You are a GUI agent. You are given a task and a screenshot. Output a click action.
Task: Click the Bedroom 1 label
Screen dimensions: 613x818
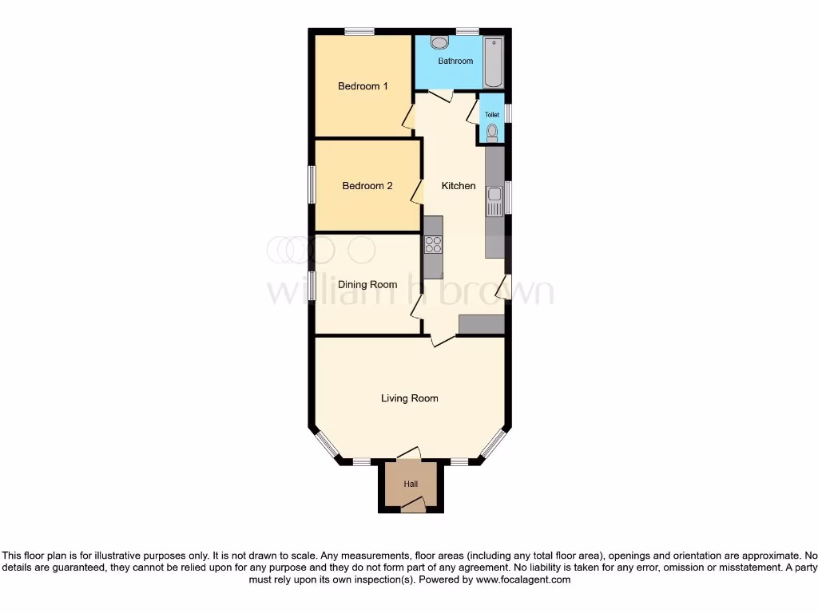pos(363,86)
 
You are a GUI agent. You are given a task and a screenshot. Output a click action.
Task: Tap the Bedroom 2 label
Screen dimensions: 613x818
pos(367,186)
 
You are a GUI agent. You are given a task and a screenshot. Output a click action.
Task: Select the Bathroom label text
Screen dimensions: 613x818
pos(455,61)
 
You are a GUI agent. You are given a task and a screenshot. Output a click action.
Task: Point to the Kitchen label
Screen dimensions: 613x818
pos(459,186)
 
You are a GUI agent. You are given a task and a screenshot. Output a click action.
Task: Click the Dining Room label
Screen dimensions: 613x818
pos(367,285)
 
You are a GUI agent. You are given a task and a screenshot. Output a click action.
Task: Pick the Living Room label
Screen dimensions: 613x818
pos(409,398)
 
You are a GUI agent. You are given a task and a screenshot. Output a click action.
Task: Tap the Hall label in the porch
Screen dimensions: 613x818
pos(411,484)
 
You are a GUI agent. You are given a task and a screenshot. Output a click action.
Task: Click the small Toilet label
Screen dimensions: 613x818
pos(491,115)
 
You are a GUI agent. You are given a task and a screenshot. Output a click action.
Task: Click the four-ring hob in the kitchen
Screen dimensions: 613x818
pos(433,245)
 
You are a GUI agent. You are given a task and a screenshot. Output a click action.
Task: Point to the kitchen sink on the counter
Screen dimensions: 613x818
pos(494,199)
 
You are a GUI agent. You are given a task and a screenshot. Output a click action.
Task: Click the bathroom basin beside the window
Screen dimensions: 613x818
pos(439,42)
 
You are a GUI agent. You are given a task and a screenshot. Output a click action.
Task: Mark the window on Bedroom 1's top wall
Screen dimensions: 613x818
pos(359,31)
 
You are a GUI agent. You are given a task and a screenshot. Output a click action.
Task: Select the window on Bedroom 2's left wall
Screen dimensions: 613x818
pos(312,186)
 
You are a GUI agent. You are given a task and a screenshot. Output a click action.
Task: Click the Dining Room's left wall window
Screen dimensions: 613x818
pos(312,285)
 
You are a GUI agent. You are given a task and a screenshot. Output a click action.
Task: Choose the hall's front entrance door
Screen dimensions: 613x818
pos(413,504)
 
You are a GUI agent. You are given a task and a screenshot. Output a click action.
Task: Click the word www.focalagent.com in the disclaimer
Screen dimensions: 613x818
pos(522,579)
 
